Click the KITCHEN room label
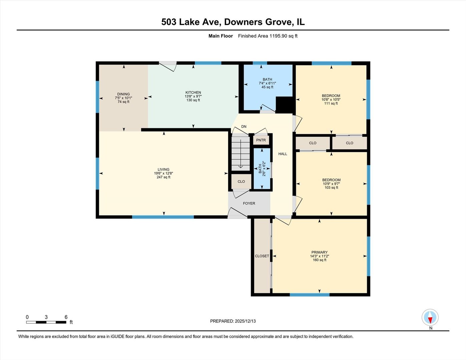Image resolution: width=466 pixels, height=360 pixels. point(193,93)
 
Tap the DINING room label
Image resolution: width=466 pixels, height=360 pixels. point(123,94)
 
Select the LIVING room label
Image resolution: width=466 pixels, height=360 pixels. point(163,169)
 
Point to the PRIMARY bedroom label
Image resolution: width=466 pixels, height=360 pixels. point(319,252)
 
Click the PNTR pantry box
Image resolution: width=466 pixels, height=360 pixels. point(261,140)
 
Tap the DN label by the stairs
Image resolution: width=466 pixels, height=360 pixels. point(244,127)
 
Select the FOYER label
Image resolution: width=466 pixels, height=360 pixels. point(249,203)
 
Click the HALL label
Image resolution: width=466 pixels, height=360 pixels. point(283,154)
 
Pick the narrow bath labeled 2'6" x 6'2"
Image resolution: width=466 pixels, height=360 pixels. point(262,169)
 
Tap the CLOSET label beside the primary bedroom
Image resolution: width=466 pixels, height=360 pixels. point(262,256)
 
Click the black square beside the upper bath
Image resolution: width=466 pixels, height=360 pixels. point(284,105)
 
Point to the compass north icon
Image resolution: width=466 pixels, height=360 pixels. point(430,318)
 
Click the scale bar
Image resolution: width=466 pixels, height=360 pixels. point(46,322)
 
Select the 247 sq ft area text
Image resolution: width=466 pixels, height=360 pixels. point(163,177)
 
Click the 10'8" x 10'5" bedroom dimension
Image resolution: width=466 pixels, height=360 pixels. point(331,100)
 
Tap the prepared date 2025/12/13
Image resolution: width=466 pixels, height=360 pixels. point(245,321)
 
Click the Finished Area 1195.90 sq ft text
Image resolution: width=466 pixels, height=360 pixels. point(268,36)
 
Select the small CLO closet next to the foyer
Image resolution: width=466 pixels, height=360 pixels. point(241,182)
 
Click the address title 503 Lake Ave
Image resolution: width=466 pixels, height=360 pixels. point(233,22)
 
